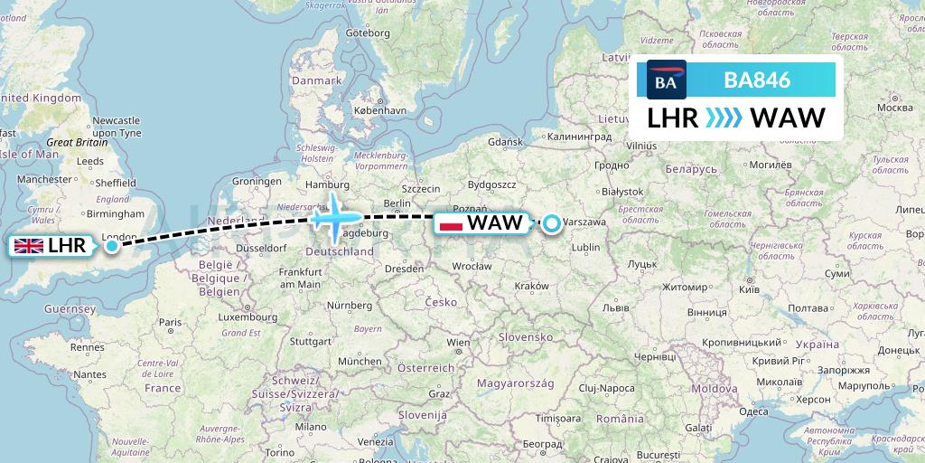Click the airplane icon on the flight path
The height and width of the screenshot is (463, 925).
336,217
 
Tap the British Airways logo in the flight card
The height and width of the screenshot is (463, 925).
667,80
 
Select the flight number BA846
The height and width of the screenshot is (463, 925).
757,80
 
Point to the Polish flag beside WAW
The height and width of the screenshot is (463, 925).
450,223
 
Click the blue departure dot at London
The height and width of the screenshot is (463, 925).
111,245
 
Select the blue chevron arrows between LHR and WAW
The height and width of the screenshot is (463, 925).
723,118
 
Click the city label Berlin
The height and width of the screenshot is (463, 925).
397,203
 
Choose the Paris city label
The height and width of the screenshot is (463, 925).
171,321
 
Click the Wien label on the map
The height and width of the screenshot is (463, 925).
458,343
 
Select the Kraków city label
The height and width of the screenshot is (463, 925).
531,286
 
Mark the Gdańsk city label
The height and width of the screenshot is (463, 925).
505,142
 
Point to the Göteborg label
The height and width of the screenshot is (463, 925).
368,33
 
